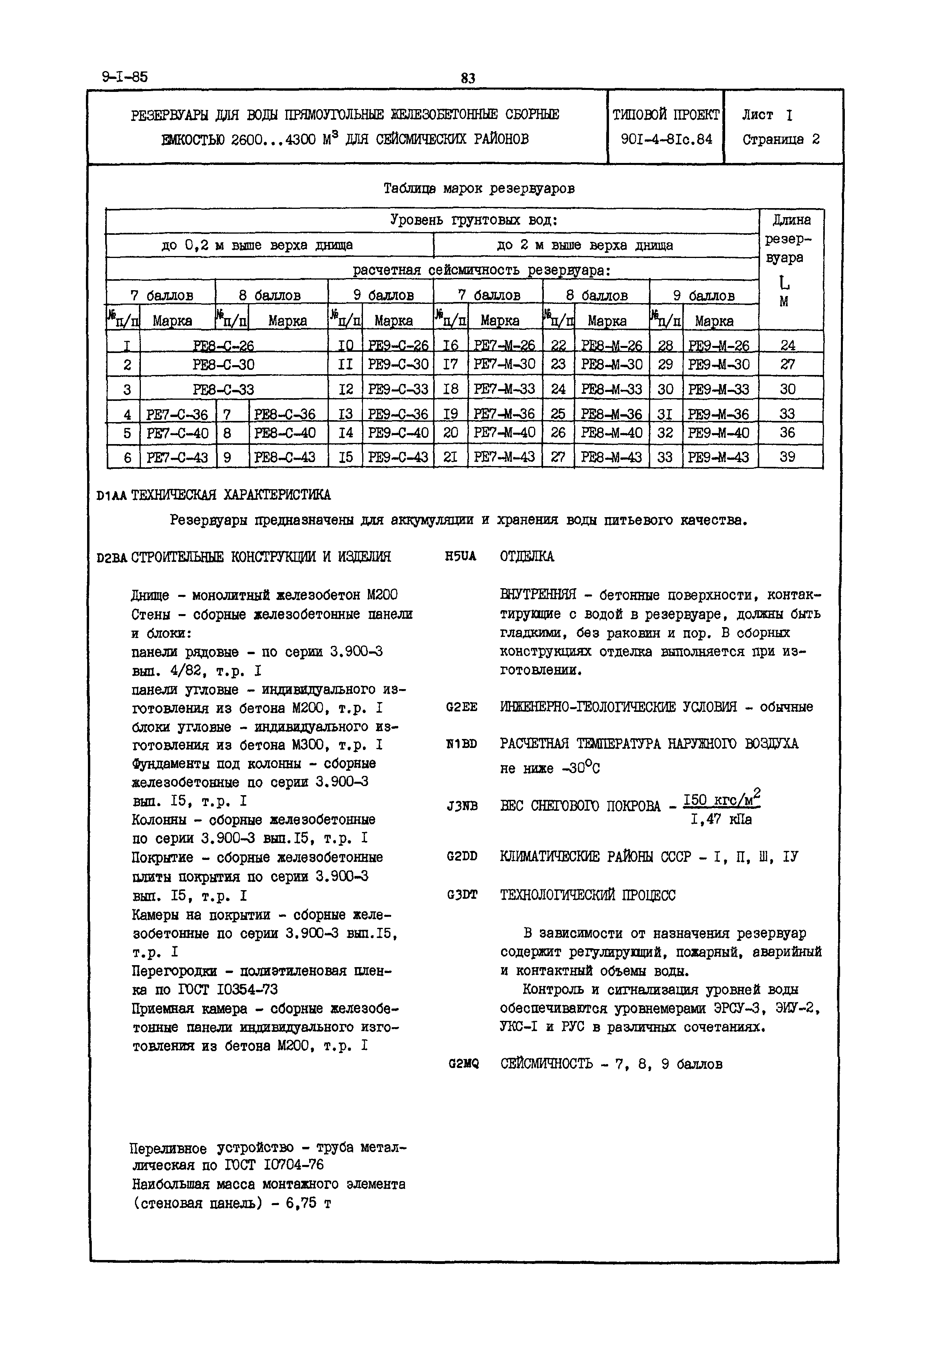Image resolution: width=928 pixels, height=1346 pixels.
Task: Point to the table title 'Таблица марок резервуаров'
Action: pos(479,188)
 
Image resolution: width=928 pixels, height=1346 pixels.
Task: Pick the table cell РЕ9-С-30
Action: pos(398,365)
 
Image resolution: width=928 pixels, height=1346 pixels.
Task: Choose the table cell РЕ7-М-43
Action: pos(504,457)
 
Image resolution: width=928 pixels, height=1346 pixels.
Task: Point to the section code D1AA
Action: pos(112,496)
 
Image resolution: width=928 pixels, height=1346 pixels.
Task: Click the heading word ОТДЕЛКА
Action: pos(527,557)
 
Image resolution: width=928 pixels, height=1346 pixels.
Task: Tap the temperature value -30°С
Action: pos(581,768)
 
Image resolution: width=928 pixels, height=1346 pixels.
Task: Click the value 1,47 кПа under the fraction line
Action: pos(721,819)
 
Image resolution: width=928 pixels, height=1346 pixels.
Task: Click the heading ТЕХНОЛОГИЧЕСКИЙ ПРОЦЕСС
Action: pos(587,895)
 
